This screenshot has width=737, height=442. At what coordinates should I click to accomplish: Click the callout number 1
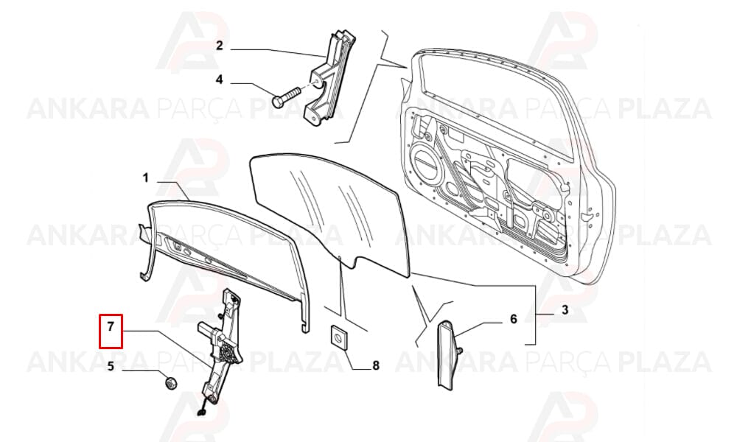point(146,178)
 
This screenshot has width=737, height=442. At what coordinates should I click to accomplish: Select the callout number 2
point(220,46)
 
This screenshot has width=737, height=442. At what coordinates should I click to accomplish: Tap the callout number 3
point(565,310)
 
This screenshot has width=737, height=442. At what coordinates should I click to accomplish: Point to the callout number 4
point(220,80)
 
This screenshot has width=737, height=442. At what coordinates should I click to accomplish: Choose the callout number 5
point(111,366)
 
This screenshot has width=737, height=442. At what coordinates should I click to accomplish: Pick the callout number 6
point(513,320)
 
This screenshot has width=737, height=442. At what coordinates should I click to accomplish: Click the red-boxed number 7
point(111,326)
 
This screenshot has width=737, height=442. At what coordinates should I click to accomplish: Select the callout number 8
point(376,365)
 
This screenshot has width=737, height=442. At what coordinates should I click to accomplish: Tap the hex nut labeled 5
point(171,384)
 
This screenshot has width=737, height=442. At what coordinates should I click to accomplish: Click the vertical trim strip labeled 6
point(445,354)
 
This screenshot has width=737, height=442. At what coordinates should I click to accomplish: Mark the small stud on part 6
point(460,350)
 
